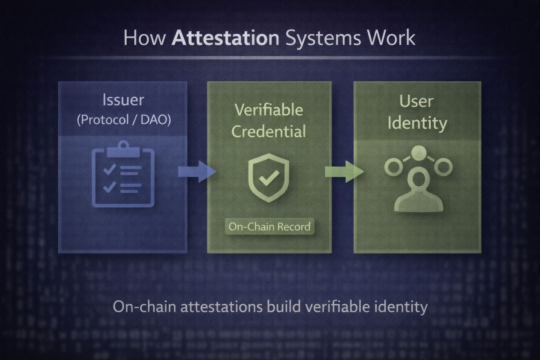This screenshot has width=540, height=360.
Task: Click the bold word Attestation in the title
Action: point(225,38)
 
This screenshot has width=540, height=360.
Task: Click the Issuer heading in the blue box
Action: point(123,100)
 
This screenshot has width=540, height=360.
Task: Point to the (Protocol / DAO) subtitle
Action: point(124,120)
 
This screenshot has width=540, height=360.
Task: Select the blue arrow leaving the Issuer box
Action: point(197,172)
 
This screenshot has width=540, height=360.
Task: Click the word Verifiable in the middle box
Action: point(269,110)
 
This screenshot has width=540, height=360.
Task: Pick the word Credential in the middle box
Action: point(269,131)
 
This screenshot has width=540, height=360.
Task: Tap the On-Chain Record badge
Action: point(269,226)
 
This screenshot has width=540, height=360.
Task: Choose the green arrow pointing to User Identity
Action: point(343,172)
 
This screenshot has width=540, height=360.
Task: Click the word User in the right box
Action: point(417,102)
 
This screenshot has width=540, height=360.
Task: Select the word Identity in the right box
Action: point(417,123)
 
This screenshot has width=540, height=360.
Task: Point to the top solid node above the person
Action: point(418,153)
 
